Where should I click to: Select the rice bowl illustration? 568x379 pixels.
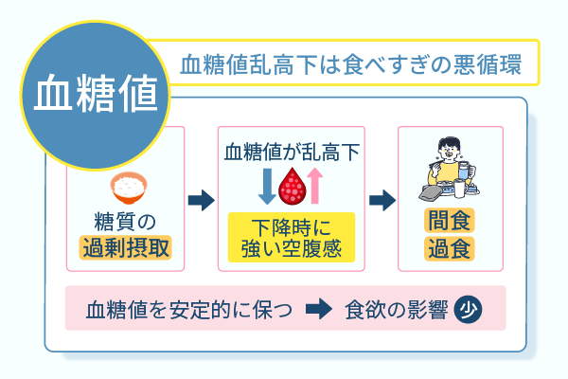click(x=130, y=184)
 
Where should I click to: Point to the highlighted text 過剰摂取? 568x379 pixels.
click(x=130, y=249)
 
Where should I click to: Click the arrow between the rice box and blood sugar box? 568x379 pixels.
click(x=200, y=200)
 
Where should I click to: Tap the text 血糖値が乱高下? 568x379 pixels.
click(x=292, y=151)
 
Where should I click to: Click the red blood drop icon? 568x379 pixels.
click(x=292, y=187)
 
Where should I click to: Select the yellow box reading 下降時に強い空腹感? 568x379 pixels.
click(x=292, y=238)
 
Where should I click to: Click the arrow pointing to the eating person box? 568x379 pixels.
click(x=382, y=200)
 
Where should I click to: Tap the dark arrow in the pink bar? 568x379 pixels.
click(x=319, y=310)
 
